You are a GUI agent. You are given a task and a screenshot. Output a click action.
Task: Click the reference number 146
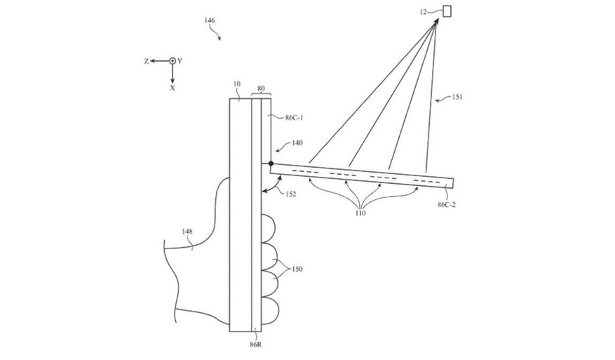coord(210,20)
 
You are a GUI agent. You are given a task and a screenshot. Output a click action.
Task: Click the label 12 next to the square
coord(423,12)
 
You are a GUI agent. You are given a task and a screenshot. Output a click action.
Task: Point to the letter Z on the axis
coord(147,61)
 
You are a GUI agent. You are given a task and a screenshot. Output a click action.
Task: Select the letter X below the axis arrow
coord(173,88)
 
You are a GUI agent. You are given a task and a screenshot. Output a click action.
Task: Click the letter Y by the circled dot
coord(180,61)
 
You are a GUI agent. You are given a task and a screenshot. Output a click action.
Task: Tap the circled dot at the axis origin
coord(173,61)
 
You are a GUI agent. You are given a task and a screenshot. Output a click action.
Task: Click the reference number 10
coord(236,84)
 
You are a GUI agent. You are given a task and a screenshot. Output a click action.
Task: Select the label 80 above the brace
coord(261,88)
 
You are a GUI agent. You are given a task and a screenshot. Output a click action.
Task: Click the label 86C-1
coord(293,117)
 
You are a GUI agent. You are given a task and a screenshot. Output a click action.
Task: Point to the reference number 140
coord(297,143)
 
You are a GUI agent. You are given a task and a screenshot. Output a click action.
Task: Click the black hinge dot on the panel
coord(271,164)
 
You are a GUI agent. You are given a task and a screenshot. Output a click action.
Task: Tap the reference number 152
coord(290,194)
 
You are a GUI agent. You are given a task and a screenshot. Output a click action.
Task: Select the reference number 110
coord(360,213)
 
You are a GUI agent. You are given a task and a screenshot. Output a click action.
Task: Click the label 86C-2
coord(446,204)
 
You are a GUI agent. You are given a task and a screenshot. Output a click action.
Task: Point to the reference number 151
coord(457,97)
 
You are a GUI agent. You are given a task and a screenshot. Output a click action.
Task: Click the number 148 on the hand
coord(187,232)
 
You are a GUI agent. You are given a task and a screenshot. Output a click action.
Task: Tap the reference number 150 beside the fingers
coord(297,269)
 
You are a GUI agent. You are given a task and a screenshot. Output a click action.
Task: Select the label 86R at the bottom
coord(255,345)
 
